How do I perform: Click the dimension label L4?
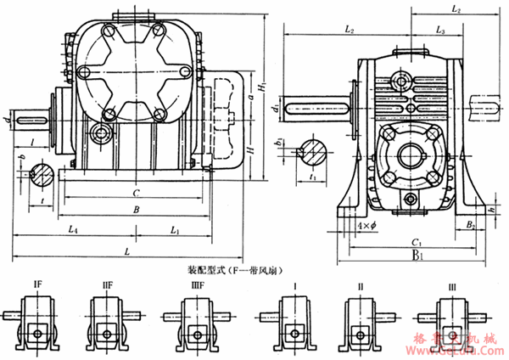click(x=75, y=229)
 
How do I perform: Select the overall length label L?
click(x=126, y=252)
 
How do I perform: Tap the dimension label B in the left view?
click(x=127, y=208)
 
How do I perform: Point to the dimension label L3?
click(x=439, y=30)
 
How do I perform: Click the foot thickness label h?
click(x=489, y=208)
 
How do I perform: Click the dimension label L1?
click(x=174, y=229)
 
